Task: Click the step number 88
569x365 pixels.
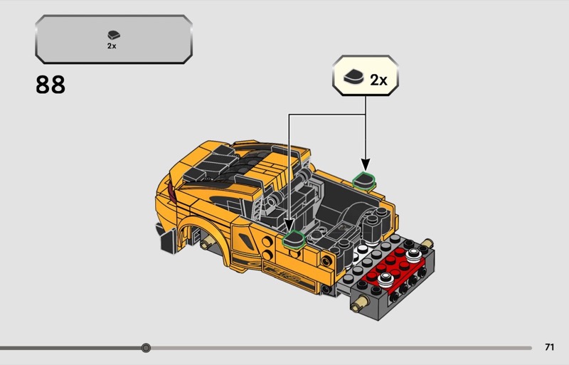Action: tap(50, 85)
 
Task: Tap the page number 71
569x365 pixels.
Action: tap(549, 347)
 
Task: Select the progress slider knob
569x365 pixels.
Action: tap(146, 348)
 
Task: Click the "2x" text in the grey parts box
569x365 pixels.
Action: tap(112, 46)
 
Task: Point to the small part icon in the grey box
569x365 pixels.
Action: tap(114, 35)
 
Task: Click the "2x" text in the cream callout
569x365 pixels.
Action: tap(378, 80)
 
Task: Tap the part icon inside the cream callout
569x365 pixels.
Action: tap(353, 77)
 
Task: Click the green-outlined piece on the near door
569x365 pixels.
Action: tap(293, 239)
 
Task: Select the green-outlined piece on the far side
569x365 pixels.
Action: tap(364, 181)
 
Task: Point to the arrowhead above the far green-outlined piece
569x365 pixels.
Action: tap(366, 164)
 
